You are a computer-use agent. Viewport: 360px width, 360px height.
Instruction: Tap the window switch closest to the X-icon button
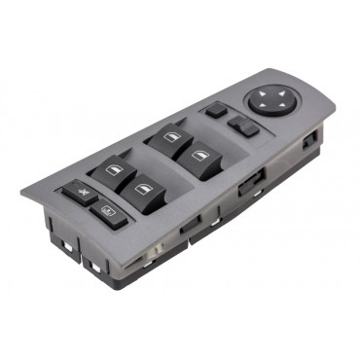click(x=110, y=173)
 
